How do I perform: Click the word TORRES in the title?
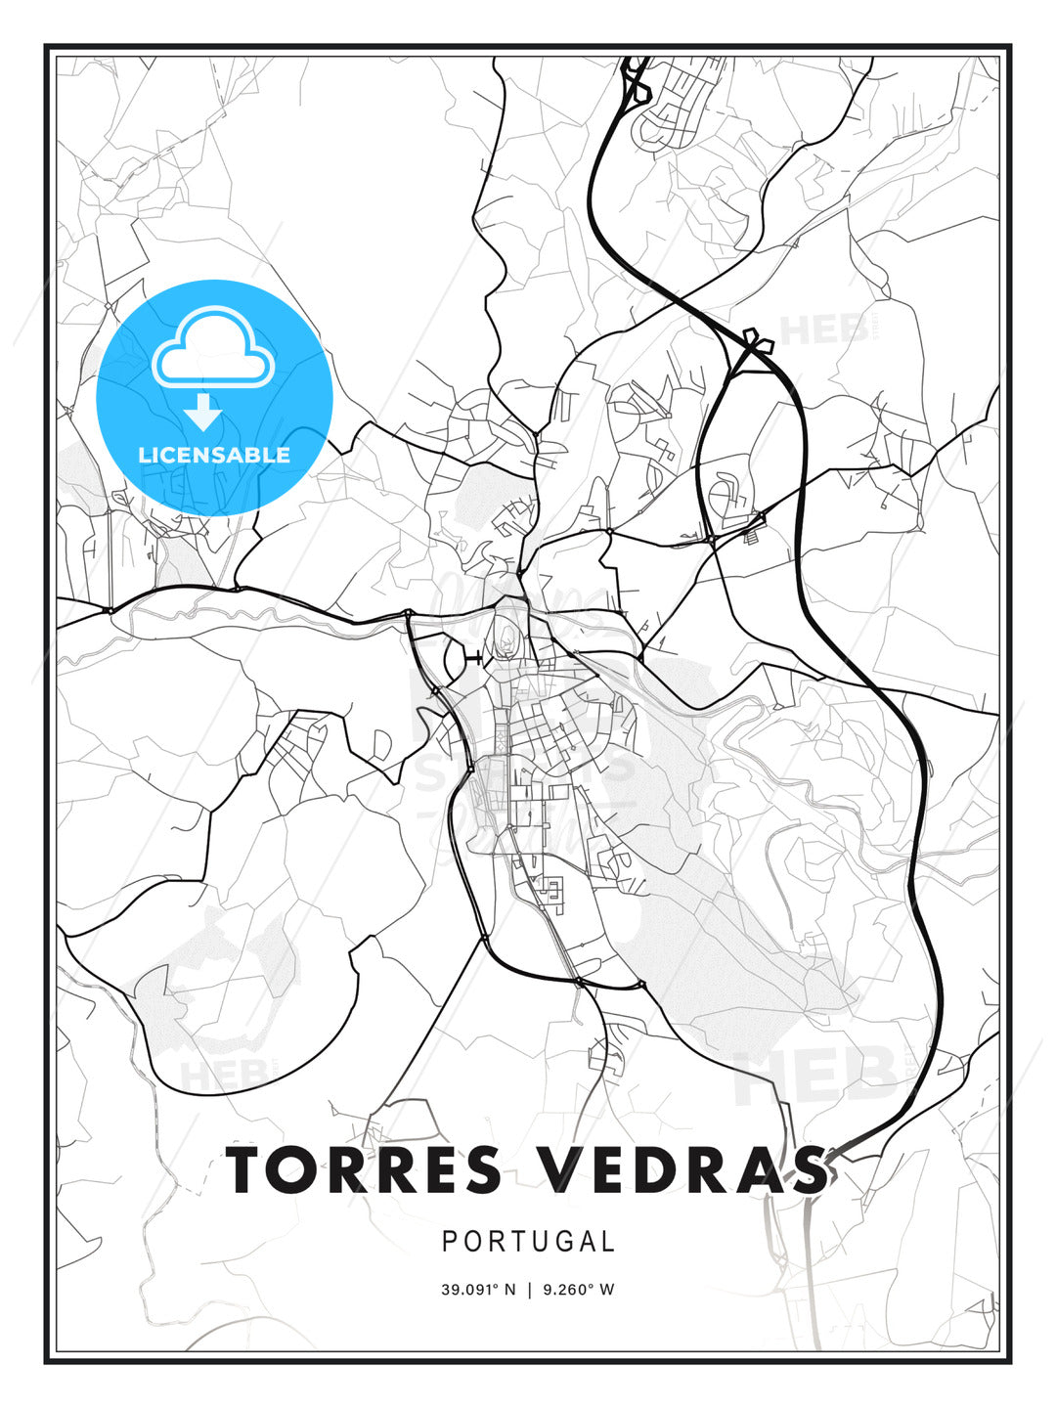coord(364,1169)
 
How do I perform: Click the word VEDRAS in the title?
coord(683,1169)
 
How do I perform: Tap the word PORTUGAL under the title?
coord(528,1242)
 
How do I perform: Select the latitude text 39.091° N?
coord(478,1290)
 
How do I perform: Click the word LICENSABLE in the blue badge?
coord(214,455)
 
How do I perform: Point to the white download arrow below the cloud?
coord(203,413)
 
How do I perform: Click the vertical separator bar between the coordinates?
coord(529,1290)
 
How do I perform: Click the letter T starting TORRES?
coord(245,1169)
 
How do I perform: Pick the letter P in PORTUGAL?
coord(450,1242)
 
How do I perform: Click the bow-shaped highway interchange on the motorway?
coord(756,342)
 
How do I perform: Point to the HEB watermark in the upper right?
coord(823,330)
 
